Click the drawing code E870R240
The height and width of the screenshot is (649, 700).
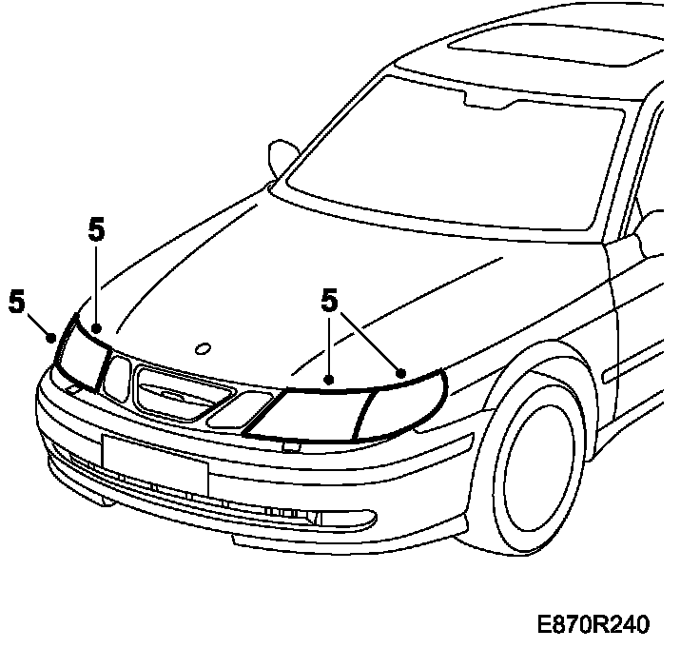(x=593, y=625)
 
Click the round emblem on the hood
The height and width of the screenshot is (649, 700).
(x=200, y=348)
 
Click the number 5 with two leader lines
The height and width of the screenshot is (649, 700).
(x=330, y=302)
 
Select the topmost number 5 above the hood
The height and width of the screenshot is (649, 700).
(x=96, y=229)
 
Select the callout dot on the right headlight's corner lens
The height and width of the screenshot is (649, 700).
(x=401, y=374)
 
